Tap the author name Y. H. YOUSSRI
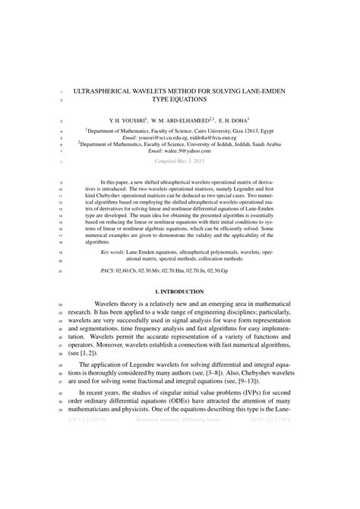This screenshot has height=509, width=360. tap(130, 120)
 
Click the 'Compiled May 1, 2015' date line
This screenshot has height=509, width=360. tap(180, 162)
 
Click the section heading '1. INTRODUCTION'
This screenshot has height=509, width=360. tap(179, 292)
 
